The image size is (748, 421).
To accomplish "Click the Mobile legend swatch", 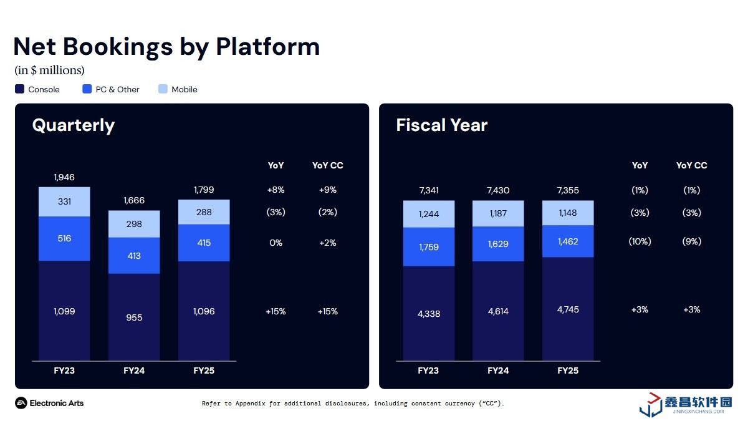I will click(x=163, y=89).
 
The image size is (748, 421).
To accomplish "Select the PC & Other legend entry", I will click(x=111, y=89).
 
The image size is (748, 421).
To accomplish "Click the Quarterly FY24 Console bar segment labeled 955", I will click(x=134, y=317).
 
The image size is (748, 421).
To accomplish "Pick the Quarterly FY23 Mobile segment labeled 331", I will click(x=64, y=201).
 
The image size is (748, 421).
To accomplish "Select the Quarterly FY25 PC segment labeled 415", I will click(x=204, y=243).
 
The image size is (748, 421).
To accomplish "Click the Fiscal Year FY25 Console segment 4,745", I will click(x=568, y=309).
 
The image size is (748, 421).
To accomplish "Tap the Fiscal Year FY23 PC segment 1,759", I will click(x=428, y=247).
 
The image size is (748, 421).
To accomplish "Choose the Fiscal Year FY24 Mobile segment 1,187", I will click(x=498, y=213).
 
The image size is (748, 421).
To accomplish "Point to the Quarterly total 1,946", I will click(x=64, y=178).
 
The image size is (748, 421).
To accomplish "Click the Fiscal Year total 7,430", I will click(x=498, y=190).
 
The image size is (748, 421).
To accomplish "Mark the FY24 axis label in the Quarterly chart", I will click(x=134, y=370).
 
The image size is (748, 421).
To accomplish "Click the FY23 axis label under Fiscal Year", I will click(x=428, y=370).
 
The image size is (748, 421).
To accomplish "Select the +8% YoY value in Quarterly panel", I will click(x=276, y=190).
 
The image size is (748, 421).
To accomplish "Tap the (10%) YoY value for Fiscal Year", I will click(x=640, y=241).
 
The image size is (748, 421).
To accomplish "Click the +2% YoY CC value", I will click(x=327, y=243).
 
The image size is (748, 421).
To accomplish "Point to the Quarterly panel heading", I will click(x=74, y=125).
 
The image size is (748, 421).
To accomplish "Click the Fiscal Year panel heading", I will click(x=441, y=125).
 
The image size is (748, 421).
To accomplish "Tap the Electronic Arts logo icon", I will click(x=21, y=403).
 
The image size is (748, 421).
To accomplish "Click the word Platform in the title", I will click(x=268, y=47).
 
